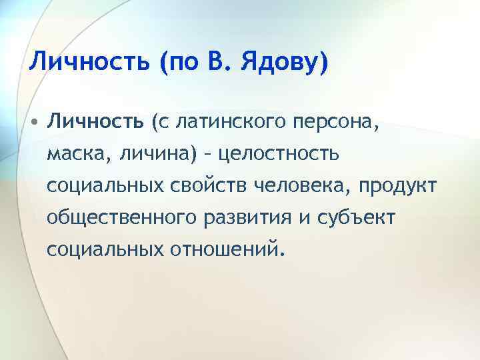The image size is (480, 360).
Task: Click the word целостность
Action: coord(279,155)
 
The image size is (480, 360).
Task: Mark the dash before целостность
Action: coord(208,155)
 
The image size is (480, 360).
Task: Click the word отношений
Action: coord(225,249)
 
